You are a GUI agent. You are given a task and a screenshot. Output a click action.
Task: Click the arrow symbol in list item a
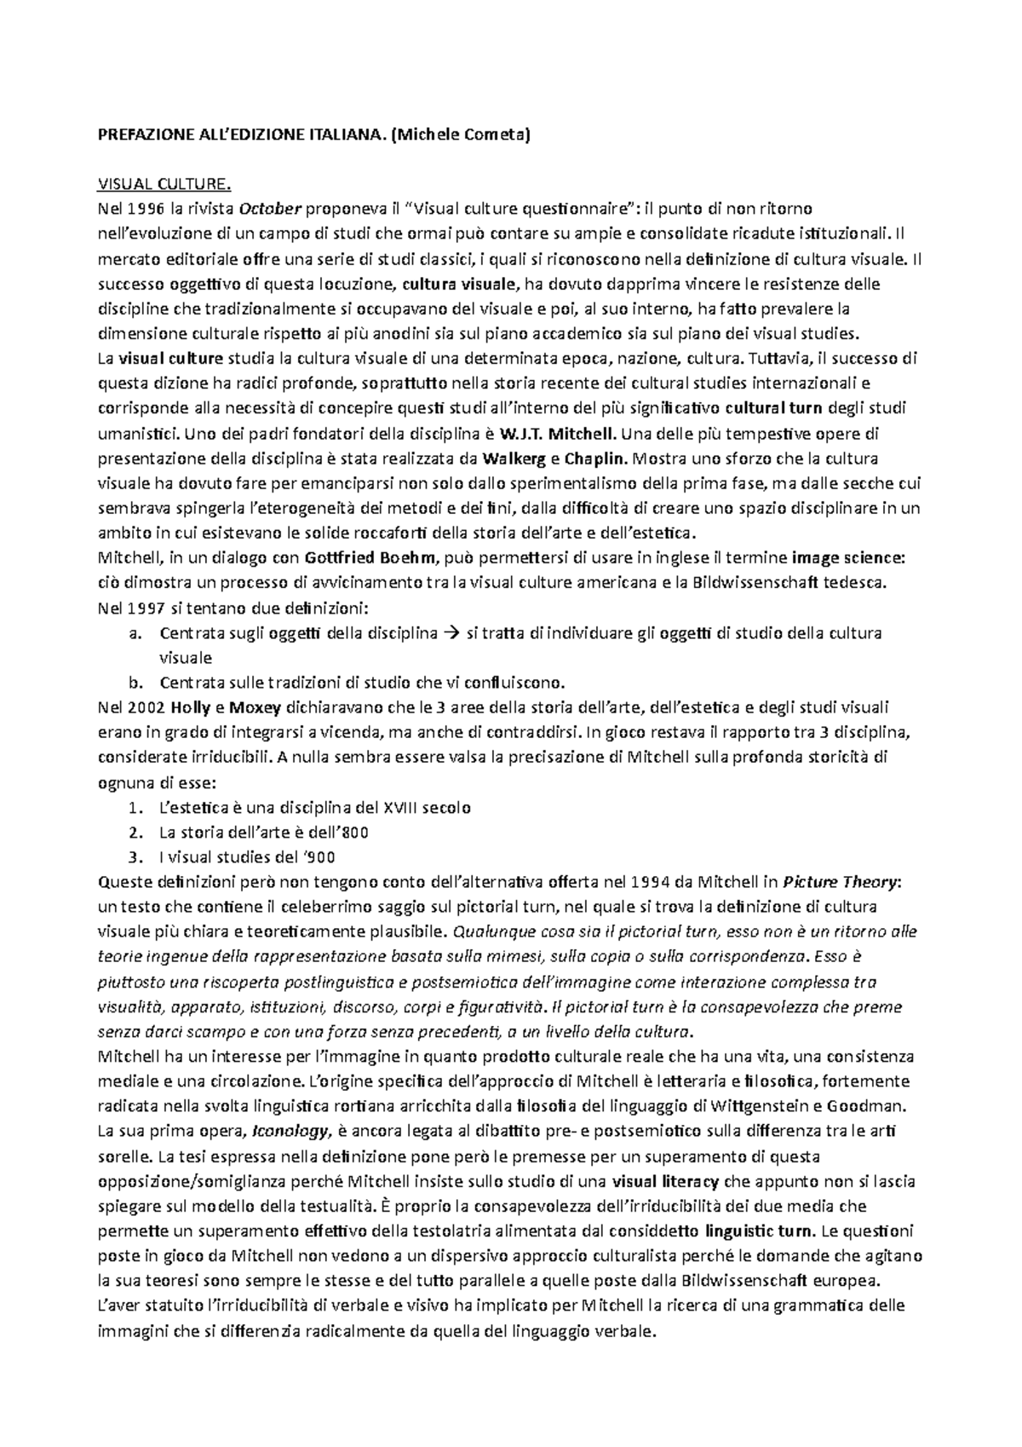[x=451, y=633]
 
